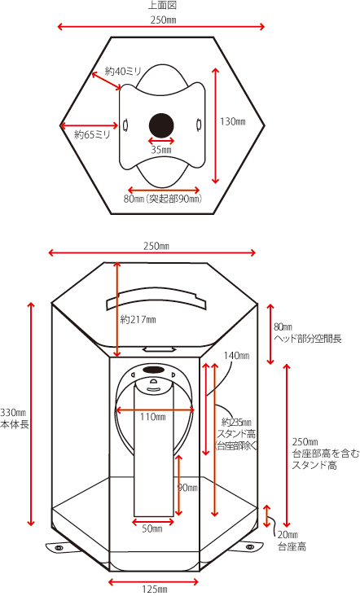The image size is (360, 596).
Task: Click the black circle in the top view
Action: [x=161, y=125]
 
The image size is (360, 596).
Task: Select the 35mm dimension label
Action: [x=161, y=150]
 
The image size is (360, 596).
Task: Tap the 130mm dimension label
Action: [x=233, y=121]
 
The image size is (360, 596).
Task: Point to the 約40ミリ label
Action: [x=123, y=71]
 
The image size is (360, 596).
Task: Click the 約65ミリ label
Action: [x=91, y=134]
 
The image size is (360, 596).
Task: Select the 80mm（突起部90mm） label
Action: [x=162, y=199]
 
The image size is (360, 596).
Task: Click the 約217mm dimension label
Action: [x=138, y=320]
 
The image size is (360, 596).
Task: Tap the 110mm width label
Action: [x=153, y=417]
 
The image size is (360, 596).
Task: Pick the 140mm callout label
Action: [x=236, y=355]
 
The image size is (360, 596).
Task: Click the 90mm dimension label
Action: [x=188, y=488]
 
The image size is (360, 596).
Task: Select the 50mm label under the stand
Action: [x=152, y=528]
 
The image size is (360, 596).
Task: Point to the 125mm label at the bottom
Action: [x=154, y=589]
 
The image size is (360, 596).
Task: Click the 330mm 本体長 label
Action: [x=15, y=419]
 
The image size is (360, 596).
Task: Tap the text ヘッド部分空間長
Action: [x=308, y=338]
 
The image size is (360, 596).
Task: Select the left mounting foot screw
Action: [x=59, y=547]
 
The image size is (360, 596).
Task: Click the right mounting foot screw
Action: [x=249, y=547]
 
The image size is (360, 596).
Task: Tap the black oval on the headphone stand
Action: [x=153, y=370]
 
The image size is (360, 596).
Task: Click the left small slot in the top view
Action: [x=125, y=125]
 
